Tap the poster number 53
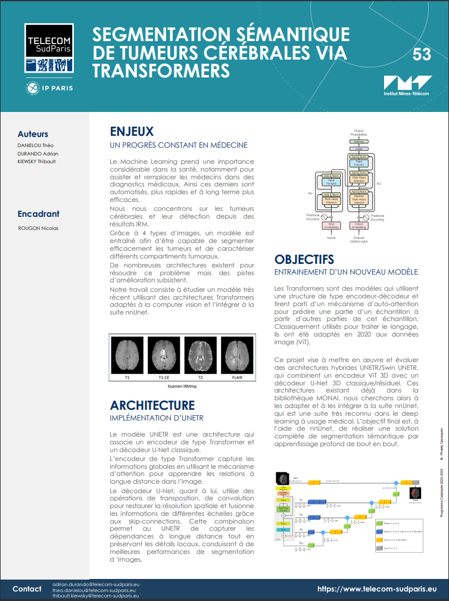(x=421, y=55)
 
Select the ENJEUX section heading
(x=132, y=132)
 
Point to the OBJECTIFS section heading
(x=304, y=260)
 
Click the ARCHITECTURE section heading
(x=152, y=406)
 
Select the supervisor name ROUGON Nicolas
(x=39, y=228)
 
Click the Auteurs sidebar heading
(x=33, y=134)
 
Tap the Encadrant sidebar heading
(x=39, y=214)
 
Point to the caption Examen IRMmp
(x=183, y=386)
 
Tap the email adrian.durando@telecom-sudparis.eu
(x=95, y=584)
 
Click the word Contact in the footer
(x=27, y=589)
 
